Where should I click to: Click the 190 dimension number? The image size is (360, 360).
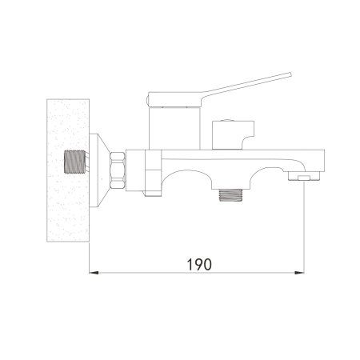pos(199,264)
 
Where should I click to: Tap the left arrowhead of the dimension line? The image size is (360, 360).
pos(94,273)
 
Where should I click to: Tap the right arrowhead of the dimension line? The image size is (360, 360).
pos(299,273)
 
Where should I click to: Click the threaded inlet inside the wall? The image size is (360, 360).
pos(75,162)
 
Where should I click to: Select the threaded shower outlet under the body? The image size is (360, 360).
pos(230,194)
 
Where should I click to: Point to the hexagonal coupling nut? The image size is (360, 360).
pos(118,170)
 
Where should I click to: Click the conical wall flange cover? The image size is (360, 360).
pos(99,170)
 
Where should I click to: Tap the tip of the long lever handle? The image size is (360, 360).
pos(290,74)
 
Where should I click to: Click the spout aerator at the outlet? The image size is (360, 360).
pos(304,176)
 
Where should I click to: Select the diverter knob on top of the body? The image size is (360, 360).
pos(233,135)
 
